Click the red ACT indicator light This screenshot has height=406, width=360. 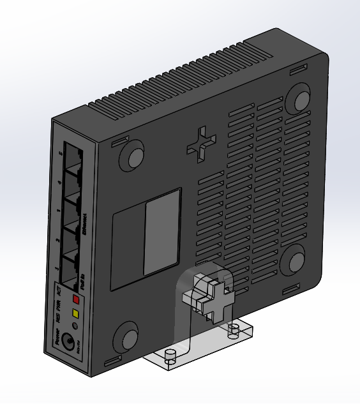point(76,299)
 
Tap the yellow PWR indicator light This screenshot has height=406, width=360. point(76,313)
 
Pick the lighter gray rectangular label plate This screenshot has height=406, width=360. point(161,236)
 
